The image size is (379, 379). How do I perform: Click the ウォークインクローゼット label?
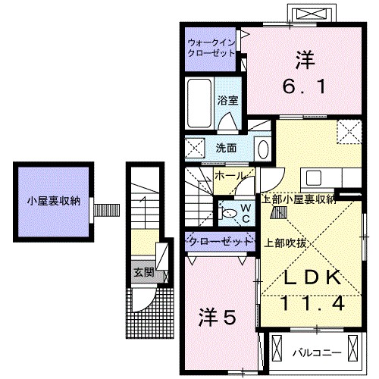[x=211, y=48]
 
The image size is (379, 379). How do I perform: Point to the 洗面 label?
[x=226, y=147]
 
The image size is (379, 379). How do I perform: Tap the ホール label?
[x=230, y=176]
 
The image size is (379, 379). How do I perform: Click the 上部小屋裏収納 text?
[x=298, y=199]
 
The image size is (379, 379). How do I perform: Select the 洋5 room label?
[x=220, y=314]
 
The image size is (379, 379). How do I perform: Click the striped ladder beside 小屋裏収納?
[x=106, y=207]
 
